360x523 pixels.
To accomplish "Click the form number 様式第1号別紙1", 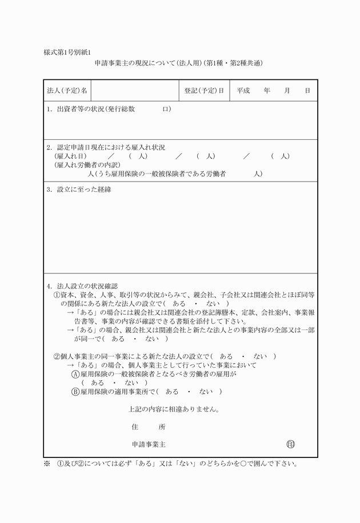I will pos(67,53).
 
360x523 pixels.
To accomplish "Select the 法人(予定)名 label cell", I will pos(67,91).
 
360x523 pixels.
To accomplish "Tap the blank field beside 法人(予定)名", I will pos(135,91).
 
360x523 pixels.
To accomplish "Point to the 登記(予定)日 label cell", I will pos(204,91).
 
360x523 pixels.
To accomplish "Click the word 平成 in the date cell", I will pos(243,91).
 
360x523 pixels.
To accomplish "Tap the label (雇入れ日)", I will pos(70,156).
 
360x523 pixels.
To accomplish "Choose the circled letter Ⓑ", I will pos(75,392).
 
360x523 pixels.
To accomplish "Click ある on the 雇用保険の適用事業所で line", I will pos(171,392).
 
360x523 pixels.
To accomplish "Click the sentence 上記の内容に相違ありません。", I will pos(174,409).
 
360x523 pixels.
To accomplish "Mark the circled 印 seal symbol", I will pos(291,444).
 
